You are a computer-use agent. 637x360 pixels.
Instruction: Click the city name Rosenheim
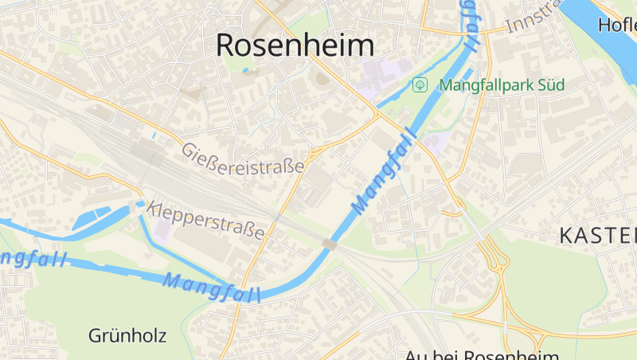tap(295, 45)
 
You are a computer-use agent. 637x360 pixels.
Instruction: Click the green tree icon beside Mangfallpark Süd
tap(420, 84)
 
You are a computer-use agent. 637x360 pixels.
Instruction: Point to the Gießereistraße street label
tap(243, 158)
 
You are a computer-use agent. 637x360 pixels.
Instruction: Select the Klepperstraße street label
tap(205, 220)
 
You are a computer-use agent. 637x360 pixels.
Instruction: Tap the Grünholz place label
tap(127, 335)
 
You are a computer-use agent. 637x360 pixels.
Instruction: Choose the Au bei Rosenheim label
tap(482, 354)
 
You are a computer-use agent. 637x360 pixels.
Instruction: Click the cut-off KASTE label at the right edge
tap(597, 235)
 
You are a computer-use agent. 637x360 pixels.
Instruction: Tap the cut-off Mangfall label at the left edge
tap(32, 260)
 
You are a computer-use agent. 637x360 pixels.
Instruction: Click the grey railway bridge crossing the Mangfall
tap(329, 245)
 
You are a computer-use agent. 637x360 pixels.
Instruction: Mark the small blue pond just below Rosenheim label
tap(245, 71)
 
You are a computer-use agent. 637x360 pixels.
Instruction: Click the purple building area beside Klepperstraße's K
tap(162, 229)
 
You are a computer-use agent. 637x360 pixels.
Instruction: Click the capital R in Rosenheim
tap(226, 45)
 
